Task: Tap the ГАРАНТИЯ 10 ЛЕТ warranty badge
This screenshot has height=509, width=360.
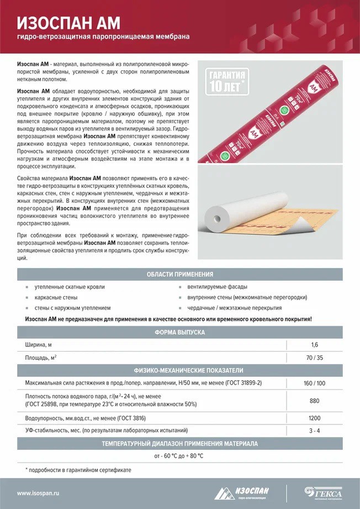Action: coord(228,81)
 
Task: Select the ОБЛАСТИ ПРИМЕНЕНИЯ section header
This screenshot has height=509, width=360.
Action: coord(179,274)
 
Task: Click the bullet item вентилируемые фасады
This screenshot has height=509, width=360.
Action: coord(217,287)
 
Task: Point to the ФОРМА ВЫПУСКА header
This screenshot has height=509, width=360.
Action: coord(179,332)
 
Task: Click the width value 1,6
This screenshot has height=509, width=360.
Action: coord(314,345)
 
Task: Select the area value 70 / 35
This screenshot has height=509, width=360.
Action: coord(314,358)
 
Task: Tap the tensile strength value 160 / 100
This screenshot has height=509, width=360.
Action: coord(314,382)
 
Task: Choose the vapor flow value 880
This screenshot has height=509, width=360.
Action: coord(314,401)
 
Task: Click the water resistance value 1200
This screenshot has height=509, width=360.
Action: coord(314,418)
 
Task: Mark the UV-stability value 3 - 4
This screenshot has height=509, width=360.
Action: coord(314,431)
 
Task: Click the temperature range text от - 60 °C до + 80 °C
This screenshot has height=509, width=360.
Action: coord(179,456)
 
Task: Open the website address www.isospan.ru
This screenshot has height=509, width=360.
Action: coord(39,493)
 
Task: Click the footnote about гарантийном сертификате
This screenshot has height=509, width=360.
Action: coord(79,470)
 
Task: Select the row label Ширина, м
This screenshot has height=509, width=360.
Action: coord(39,345)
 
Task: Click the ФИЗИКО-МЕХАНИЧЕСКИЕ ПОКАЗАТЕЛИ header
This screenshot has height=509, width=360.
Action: coord(179,370)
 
